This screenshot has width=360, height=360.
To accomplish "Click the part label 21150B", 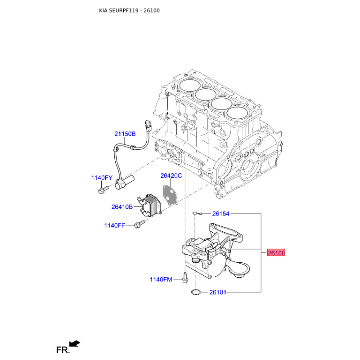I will pyautogui.click(x=125, y=134).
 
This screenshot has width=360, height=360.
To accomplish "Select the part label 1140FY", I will pyautogui.click(x=101, y=178).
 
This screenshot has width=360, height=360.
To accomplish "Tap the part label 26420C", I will pyautogui.click(x=171, y=175).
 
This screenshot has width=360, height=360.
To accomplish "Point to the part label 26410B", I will pyautogui.click(x=122, y=207).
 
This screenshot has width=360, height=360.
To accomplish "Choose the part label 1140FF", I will pyautogui.click(x=114, y=225).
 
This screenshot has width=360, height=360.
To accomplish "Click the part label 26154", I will pyautogui.click(x=221, y=214).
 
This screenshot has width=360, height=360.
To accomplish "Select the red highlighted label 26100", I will pyautogui.click(x=276, y=253).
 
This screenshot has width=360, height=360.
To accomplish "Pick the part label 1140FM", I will pyautogui.click(x=161, y=280).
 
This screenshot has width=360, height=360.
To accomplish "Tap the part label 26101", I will pyautogui.click(x=218, y=292).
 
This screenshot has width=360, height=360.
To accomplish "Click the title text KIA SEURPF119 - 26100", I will pyautogui.click(x=129, y=10).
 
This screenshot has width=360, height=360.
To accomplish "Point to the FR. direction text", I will pyautogui.click(x=63, y=350).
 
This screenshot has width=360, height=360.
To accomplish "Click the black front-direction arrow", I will pyautogui.click(x=75, y=344).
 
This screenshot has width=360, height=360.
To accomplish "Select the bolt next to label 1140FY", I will pyautogui.click(x=100, y=191).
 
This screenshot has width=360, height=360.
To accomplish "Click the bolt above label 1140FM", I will pyautogui.click(x=185, y=278).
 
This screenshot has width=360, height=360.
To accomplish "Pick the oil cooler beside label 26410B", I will pyautogui.click(x=150, y=205).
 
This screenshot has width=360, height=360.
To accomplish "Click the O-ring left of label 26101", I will pyautogui.click(x=196, y=292).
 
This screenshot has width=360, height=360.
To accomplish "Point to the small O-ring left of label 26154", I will pyautogui.click(x=195, y=213).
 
